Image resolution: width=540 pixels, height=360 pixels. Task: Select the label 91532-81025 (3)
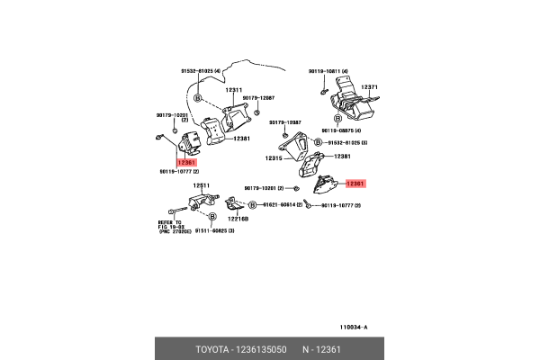(347, 143)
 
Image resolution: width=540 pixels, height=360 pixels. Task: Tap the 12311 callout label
(234, 90)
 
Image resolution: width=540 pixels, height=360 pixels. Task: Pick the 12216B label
(238, 219)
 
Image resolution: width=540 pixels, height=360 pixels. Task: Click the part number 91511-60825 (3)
(209, 231)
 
